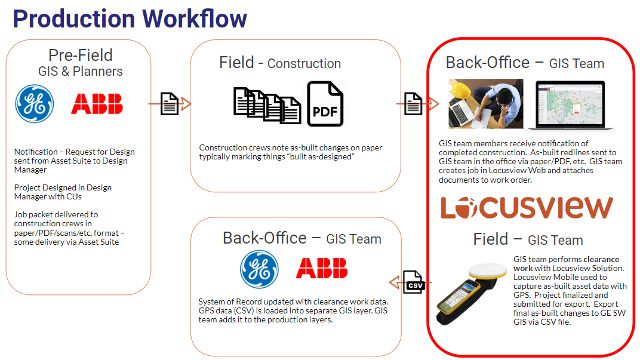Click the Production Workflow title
(x=130, y=19)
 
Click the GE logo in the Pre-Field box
(x=34, y=104)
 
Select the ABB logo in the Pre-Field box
(x=97, y=104)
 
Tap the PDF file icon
(x=325, y=104)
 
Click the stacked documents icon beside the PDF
(x=267, y=105)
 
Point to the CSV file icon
(x=414, y=282)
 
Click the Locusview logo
(x=527, y=207)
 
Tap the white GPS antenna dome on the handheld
(x=487, y=270)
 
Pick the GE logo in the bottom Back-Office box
(x=259, y=269)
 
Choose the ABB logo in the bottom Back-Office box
(x=322, y=268)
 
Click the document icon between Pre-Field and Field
(x=170, y=104)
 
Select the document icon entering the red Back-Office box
(x=413, y=104)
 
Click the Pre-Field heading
(x=81, y=55)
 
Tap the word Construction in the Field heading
(x=304, y=64)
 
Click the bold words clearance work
(x=566, y=264)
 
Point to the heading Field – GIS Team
(x=528, y=239)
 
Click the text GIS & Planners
(x=81, y=72)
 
